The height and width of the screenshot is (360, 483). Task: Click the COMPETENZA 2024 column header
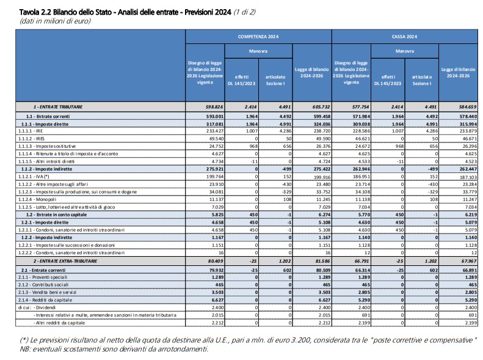(x=258, y=37)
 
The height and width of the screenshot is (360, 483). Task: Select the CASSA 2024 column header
(x=404, y=37)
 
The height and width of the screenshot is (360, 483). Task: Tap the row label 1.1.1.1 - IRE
(x=31, y=131)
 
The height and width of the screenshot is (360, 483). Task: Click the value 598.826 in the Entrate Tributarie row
(x=214, y=107)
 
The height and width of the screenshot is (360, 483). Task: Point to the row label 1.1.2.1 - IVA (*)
(x=34, y=177)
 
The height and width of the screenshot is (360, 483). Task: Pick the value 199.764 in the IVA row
(x=215, y=177)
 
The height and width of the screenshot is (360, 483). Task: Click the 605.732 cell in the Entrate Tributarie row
(x=321, y=107)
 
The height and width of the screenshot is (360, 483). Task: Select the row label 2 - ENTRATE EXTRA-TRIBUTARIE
(x=65, y=261)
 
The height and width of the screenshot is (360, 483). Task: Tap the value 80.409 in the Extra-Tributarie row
(x=216, y=261)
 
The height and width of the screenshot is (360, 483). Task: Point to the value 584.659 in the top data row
(x=468, y=107)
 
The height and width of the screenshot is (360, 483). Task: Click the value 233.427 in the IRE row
(x=215, y=131)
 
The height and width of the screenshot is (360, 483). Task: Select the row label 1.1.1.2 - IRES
(x=31, y=139)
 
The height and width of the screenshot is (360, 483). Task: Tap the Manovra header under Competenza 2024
(x=258, y=51)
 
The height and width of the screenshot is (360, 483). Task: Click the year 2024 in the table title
(x=223, y=12)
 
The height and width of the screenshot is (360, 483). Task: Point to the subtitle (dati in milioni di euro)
(x=55, y=21)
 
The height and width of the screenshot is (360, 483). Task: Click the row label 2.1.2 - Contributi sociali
(x=43, y=285)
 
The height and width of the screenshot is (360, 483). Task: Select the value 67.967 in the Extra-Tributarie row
(x=469, y=261)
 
